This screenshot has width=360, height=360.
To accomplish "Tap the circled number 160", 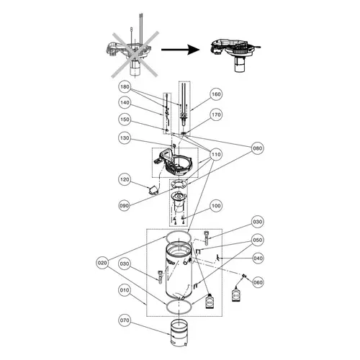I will click(215, 94).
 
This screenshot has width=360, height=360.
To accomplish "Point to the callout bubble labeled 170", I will click(215, 114).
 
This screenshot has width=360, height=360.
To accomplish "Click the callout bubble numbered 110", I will click(215, 154).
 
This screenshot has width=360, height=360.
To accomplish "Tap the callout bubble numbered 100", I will click(215, 206).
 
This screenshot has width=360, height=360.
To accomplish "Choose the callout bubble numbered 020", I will click(103, 263).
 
